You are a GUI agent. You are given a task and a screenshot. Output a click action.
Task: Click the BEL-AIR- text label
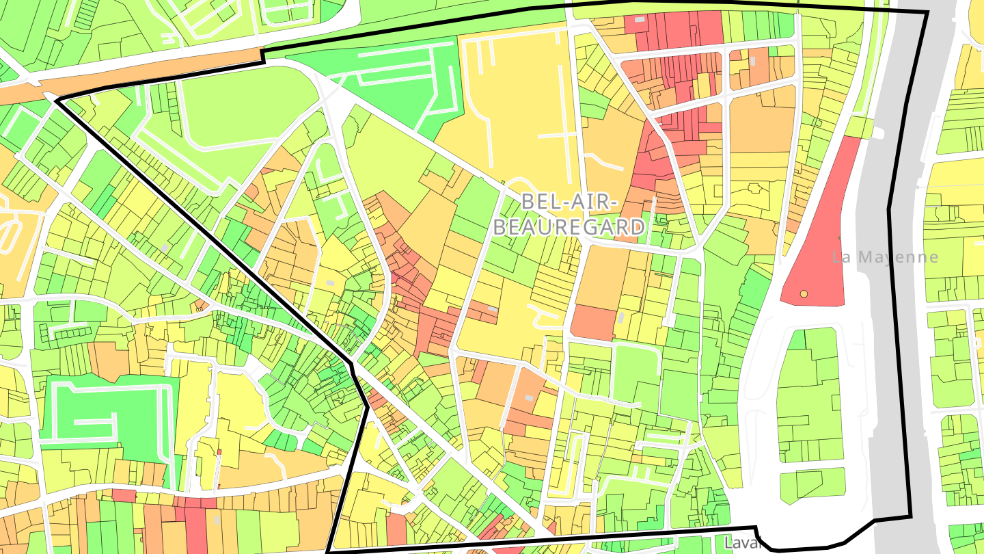569,202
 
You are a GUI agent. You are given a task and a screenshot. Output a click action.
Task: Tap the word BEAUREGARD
569,226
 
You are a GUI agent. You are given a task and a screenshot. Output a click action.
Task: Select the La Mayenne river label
885,257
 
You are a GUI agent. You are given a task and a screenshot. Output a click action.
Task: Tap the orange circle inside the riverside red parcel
804,293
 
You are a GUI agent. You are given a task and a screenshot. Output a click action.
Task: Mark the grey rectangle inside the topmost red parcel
640,21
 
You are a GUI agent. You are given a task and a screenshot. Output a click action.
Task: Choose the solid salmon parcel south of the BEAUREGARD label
593,323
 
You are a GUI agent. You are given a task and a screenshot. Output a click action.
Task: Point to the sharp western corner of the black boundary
56,101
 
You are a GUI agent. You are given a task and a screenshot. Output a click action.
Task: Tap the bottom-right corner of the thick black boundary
910,515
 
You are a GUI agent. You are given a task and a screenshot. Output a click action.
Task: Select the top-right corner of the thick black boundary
927,12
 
